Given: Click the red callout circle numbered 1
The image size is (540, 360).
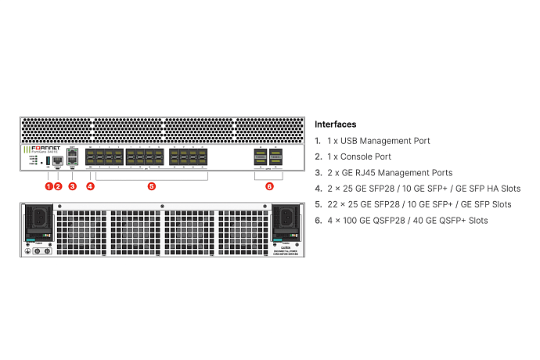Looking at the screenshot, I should click(49, 186).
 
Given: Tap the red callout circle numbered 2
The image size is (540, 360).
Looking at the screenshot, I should click(59, 186).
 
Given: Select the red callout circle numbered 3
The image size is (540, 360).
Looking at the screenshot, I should click(72, 186).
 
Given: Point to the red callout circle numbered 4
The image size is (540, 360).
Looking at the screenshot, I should click(90, 186).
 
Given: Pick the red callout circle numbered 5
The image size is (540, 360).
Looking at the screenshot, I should click(152, 186).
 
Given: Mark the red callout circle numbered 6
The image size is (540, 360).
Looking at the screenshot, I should click(269, 186).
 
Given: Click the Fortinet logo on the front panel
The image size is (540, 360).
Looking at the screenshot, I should click(47, 148).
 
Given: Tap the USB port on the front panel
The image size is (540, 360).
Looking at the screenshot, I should click(49, 162).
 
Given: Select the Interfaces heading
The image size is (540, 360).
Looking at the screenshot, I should click(335, 124).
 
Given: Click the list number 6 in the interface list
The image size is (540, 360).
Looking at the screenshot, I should click(318, 221).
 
